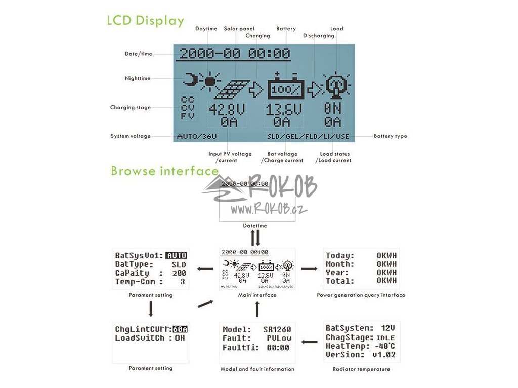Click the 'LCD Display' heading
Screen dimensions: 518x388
pos(145,21)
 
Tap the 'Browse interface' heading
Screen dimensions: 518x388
pos(164,171)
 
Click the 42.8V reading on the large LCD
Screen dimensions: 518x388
pos(227,110)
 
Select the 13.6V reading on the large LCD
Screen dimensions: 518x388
pos(284,110)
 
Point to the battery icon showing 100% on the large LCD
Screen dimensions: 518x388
pos(286,88)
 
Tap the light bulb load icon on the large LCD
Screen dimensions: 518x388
pos(334,86)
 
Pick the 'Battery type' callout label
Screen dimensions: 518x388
pos(390,136)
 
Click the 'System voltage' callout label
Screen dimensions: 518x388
pos(131,136)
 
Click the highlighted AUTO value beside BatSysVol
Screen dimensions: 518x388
pos(177,255)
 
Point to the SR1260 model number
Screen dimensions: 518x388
pos(277,329)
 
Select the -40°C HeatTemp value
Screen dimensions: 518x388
pos(384,346)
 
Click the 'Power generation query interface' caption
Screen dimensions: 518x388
pos(361,295)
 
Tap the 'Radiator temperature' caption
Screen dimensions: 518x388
pos(361,369)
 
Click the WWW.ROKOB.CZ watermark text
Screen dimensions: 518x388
pos(270,210)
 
